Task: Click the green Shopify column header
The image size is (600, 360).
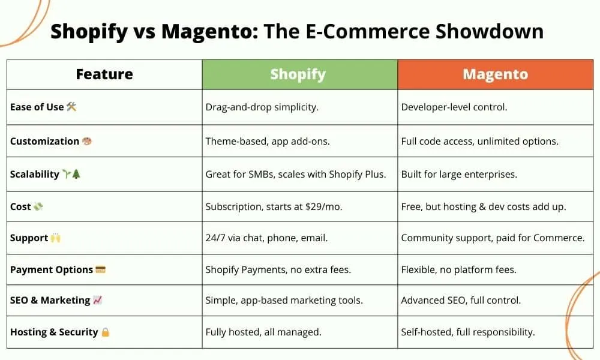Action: click(298, 74)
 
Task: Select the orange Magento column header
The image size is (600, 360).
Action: click(495, 74)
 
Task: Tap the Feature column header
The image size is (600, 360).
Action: click(104, 74)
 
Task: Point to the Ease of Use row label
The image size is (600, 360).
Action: click(37, 107)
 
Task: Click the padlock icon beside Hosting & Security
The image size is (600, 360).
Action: click(106, 332)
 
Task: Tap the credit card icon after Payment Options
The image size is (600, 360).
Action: click(100, 269)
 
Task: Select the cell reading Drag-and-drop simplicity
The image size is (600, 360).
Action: click(262, 107)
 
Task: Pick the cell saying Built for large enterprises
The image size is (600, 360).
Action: click(459, 175)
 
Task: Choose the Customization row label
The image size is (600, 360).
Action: click(44, 142)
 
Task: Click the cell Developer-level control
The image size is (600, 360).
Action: click(454, 107)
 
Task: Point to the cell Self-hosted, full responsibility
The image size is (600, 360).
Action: click(468, 332)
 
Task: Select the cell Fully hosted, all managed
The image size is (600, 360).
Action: click(263, 332)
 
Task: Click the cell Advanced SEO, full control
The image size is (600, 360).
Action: click(461, 300)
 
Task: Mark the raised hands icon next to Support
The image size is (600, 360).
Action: click(55, 238)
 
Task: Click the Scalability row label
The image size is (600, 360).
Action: click(35, 175)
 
